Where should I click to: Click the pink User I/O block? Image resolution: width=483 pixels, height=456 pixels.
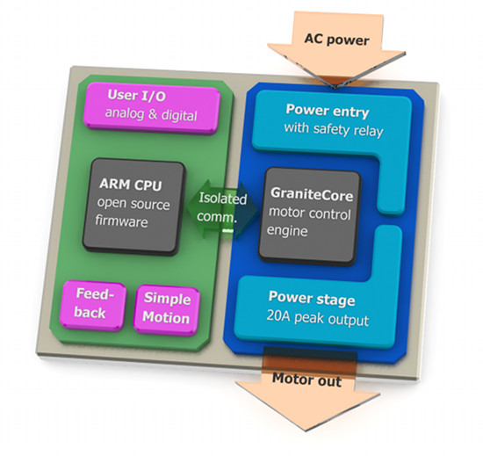(152, 108)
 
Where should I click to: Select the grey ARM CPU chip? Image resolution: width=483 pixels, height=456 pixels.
(134, 206)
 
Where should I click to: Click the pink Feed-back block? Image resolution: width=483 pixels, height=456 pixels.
(92, 306)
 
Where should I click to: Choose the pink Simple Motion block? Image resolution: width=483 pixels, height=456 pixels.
(167, 309)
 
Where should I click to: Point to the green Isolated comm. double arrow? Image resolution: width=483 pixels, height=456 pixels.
(222, 210)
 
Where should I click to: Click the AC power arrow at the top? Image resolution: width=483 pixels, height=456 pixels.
(336, 49)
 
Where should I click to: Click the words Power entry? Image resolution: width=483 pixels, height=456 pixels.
(328, 111)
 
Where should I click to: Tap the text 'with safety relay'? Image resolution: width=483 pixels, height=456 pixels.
(334, 129)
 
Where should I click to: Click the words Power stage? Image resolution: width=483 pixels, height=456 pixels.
(312, 298)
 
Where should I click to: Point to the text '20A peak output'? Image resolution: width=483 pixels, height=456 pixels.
(318, 318)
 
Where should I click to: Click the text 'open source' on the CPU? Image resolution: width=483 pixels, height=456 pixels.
(133, 203)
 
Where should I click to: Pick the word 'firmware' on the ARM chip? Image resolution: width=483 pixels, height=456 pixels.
(121, 221)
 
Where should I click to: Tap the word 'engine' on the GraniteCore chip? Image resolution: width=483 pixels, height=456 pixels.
(287, 230)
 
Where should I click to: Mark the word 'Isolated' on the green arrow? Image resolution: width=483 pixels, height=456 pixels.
(223, 199)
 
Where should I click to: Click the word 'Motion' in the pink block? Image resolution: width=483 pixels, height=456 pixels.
(166, 317)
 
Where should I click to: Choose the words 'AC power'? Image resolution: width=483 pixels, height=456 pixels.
(336, 40)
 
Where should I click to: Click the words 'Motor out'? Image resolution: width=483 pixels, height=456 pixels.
(306, 380)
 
